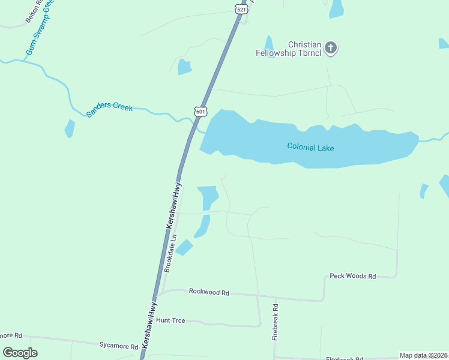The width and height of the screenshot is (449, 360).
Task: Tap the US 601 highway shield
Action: coord(200,111)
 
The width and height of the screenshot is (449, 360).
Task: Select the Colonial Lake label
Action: coord(310,146)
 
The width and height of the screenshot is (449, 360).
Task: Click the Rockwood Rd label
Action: coord(209,292)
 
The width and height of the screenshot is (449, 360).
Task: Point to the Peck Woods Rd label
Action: coord(353,276)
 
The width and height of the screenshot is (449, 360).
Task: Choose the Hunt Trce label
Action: coord(170,320)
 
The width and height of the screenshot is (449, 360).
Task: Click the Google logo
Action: coord(20,353)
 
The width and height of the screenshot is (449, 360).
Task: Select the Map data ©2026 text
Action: coord(423,355)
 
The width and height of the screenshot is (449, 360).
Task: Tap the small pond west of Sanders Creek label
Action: coord(70,128)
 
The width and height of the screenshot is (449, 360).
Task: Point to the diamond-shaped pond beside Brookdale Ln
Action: coord(184,247)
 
